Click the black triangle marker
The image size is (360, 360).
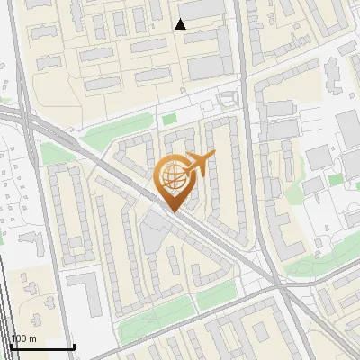(x=181, y=24)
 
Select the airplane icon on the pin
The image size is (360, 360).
(x=199, y=162)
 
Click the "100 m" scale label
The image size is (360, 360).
(x=23, y=338)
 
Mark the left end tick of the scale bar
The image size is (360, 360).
(x=11, y=345)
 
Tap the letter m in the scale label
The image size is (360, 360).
(x=32, y=338)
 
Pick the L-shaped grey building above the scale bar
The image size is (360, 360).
(x=85, y=292)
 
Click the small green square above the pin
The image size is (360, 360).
(x=168, y=119)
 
